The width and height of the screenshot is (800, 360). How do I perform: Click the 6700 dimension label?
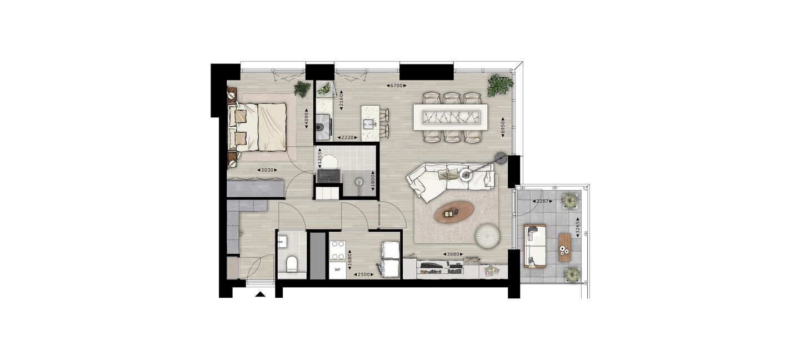tap(397, 86)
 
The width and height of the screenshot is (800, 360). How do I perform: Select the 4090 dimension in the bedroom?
tap(307, 119)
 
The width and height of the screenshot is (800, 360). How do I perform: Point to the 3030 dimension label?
tap(267, 171)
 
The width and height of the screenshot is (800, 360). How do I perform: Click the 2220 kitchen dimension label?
tap(348, 138)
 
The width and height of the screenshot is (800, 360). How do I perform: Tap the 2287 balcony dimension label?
tap(542, 202)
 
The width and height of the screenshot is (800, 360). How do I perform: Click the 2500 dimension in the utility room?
tap(363, 274)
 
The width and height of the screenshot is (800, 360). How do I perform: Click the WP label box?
tap(338, 270)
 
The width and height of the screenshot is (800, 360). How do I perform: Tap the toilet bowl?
tap(292, 263)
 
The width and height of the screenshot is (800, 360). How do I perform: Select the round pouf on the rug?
tap(488, 236)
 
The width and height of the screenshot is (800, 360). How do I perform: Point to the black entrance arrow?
tap(261, 294)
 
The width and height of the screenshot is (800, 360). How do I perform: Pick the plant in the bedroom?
tap(302, 88)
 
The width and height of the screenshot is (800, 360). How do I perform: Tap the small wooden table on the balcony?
tap(564, 247)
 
